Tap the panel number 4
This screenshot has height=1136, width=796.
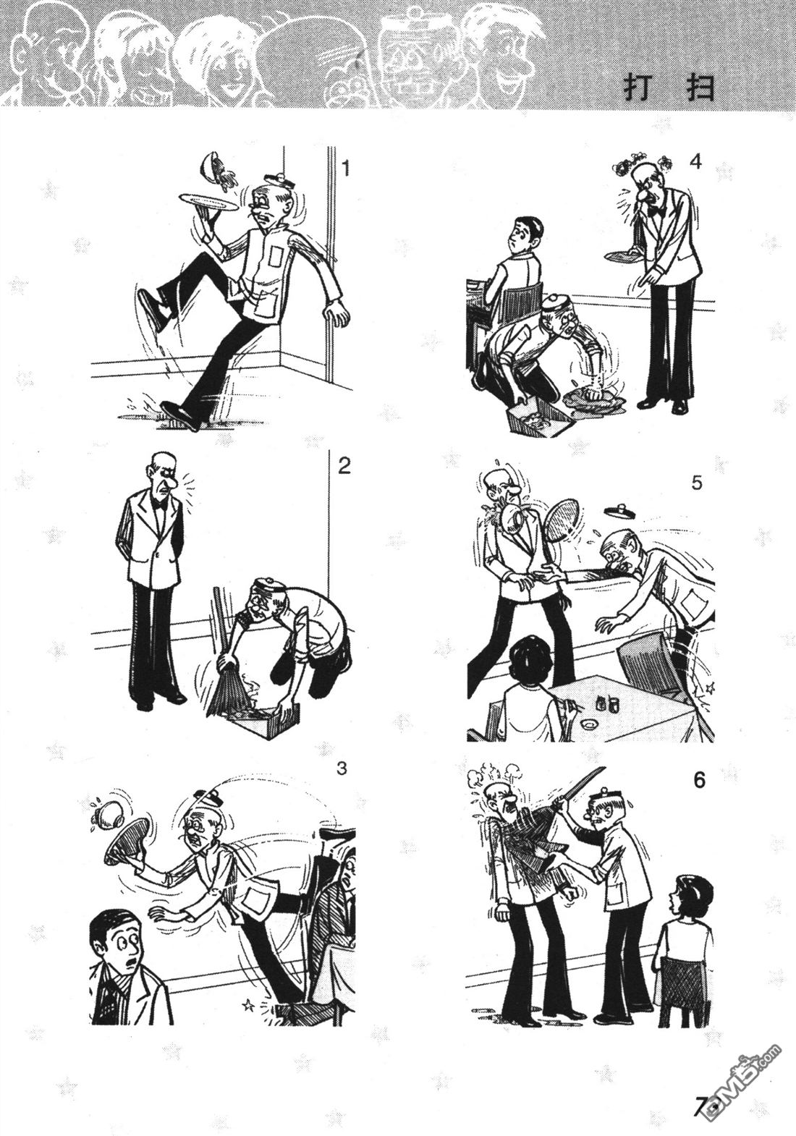point(695,162)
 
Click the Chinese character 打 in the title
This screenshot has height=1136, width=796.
point(638,89)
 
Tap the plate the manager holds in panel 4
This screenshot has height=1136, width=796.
point(625,257)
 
